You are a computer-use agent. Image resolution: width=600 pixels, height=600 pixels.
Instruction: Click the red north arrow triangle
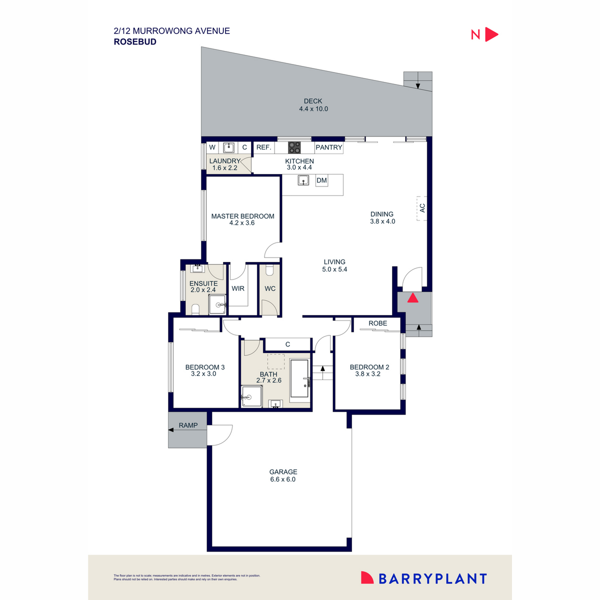[x=491, y=34]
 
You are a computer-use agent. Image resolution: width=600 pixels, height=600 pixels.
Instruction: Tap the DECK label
[x=313, y=101]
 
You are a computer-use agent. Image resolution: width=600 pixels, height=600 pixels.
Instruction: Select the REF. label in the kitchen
[x=263, y=147]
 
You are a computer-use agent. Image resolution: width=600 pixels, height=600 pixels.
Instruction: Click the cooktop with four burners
[x=294, y=147]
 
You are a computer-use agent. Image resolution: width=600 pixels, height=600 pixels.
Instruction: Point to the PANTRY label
[x=328, y=147]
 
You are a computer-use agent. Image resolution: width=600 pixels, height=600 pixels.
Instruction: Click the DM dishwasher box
[x=321, y=180]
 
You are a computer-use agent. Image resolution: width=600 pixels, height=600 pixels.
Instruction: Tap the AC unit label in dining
[x=422, y=207]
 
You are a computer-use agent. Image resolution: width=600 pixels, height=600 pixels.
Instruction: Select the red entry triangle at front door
[x=412, y=298]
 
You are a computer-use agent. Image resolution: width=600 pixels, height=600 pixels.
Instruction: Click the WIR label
[x=238, y=288]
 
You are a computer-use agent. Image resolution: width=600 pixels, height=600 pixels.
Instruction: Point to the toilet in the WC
[x=270, y=271]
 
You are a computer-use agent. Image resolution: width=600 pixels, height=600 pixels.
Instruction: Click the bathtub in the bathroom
[x=300, y=378]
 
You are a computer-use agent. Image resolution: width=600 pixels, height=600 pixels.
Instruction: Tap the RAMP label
[x=188, y=425]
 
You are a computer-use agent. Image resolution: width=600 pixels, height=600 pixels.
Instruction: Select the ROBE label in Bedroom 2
[x=377, y=323]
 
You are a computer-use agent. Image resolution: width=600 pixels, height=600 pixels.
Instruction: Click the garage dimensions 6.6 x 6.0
[x=283, y=479]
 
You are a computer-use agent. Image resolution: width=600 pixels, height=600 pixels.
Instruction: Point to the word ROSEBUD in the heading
[x=135, y=42]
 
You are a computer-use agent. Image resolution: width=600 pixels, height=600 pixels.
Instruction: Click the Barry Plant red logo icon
[x=367, y=578]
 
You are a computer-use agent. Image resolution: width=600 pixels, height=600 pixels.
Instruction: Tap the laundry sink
[x=229, y=147]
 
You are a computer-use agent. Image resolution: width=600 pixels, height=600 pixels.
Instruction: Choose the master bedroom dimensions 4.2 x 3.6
[x=242, y=223]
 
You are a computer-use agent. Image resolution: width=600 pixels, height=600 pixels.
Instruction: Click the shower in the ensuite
[x=217, y=304]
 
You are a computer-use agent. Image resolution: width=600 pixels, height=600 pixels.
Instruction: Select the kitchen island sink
[x=303, y=180]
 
